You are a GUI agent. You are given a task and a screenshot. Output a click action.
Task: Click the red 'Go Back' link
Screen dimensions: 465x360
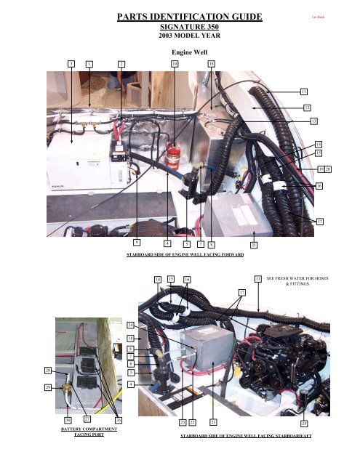point(318,15)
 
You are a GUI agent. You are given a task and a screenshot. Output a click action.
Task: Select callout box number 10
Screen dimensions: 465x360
point(175,65)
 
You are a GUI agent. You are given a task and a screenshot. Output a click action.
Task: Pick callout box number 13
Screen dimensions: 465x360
point(313,120)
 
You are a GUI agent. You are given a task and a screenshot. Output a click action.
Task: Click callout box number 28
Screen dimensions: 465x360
point(48,371)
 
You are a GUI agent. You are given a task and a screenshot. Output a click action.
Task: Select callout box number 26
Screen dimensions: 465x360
point(119,421)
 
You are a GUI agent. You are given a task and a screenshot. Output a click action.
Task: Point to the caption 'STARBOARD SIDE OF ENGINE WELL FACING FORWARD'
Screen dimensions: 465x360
point(185,255)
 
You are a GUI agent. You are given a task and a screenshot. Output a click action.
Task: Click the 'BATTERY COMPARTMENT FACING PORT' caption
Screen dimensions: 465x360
point(81,433)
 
